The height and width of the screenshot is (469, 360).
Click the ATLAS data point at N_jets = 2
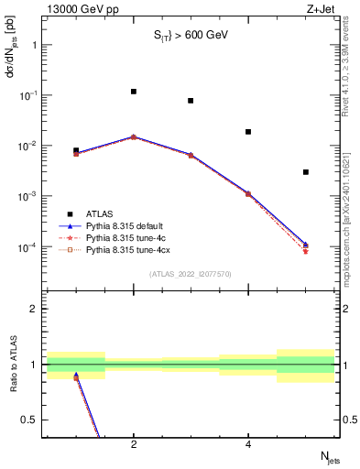(x=134, y=92)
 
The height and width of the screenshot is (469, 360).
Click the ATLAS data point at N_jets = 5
(x=306, y=172)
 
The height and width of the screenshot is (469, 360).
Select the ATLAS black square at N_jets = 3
(x=191, y=101)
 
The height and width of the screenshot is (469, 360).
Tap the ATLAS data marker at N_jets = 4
(x=248, y=132)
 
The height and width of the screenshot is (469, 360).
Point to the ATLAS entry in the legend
(x=100, y=213)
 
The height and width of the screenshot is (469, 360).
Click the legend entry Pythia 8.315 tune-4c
(x=125, y=236)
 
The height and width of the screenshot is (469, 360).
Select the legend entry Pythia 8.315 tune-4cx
(x=128, y=248)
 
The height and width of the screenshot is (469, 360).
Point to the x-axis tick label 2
(x=134, y=445)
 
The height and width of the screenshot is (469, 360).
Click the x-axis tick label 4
(x=248, y=445)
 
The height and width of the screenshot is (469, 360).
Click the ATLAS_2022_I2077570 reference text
(x=190, y=273)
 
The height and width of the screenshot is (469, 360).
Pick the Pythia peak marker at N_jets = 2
(x=134, y=136)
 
